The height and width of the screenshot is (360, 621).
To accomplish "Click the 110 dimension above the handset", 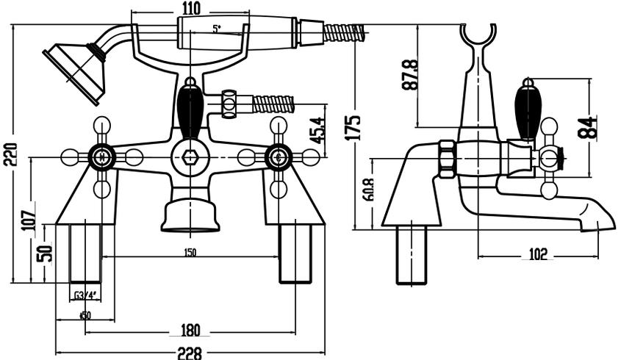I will [191, 10].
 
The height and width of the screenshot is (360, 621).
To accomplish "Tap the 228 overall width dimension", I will [190, 353].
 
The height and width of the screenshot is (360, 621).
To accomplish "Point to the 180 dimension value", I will [190, 331].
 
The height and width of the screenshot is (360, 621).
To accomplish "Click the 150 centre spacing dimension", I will [190, 253].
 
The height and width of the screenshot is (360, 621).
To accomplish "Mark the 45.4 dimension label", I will [317, 130].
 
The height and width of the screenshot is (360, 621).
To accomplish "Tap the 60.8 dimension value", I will [367, 190].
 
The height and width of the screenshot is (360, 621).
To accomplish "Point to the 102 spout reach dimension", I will [538, 254].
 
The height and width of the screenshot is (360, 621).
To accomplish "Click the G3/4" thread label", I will [85, 296].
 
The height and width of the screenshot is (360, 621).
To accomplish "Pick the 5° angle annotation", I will [216, 29].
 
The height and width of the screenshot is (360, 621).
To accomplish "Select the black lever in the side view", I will [528, 110].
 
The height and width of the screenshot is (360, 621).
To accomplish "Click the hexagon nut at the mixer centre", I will [190, 157].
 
